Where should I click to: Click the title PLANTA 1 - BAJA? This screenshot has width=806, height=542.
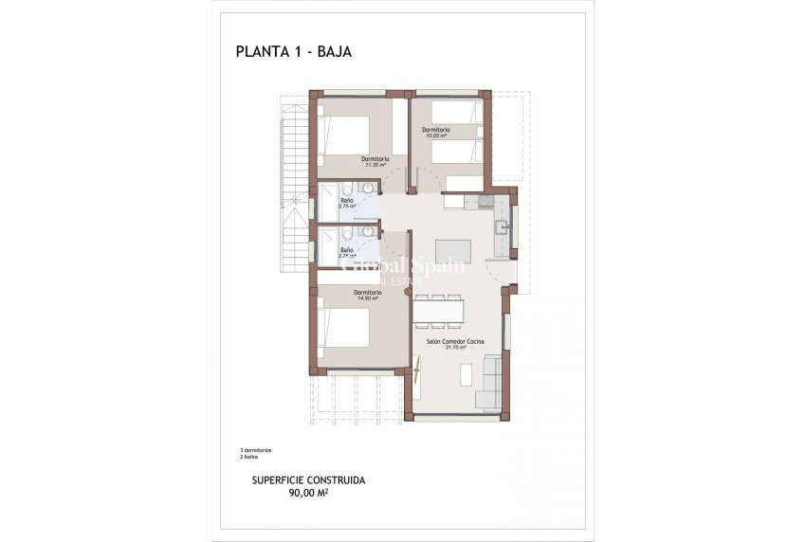pos(293,52)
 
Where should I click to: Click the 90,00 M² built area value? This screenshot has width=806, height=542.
pos(307,493)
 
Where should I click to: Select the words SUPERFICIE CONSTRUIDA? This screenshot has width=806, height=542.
pos(308,480)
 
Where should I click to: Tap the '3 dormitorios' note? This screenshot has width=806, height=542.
pos(256,449)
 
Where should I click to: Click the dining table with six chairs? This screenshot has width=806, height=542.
pos(438,310)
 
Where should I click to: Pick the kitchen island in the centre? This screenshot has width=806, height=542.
pos(452,249)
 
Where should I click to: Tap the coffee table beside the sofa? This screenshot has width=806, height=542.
pos(465,375)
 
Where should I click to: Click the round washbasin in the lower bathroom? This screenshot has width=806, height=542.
pos(367,233)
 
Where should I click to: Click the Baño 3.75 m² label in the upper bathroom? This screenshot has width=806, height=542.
pos(347,203)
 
